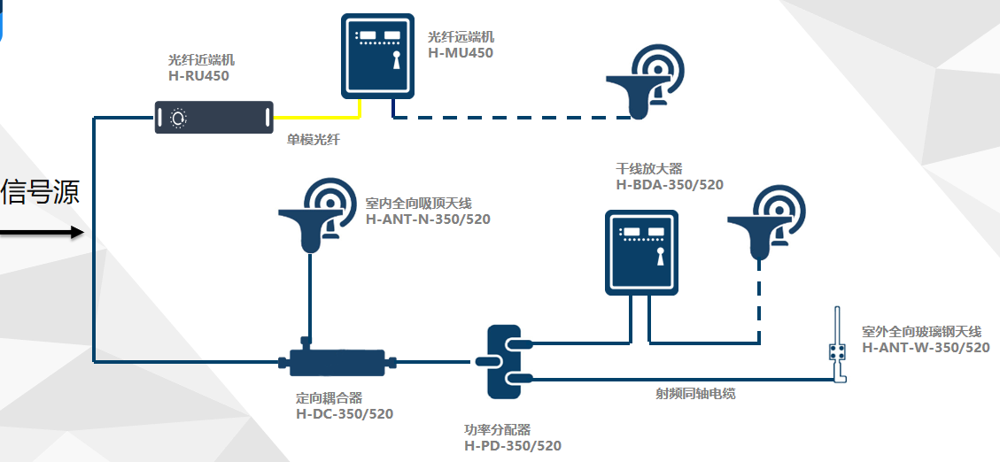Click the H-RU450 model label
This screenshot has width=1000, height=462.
click(x=198, y=76)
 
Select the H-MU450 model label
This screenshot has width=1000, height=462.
click(x=461, y=52)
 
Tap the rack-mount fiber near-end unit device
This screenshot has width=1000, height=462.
click(x=213, y=117)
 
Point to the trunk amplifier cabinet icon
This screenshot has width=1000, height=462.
click(x=640, y=252)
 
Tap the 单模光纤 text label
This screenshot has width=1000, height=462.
click(x=313, y=140)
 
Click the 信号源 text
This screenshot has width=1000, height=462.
click(x=41, y=192)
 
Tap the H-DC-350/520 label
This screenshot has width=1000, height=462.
click(x=344, y=413)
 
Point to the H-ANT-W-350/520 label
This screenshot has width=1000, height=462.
click(x=926, y=348)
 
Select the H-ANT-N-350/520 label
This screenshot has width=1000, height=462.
click(x=428, y=219)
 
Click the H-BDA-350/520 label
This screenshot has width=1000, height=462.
click(x=670, y=185)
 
